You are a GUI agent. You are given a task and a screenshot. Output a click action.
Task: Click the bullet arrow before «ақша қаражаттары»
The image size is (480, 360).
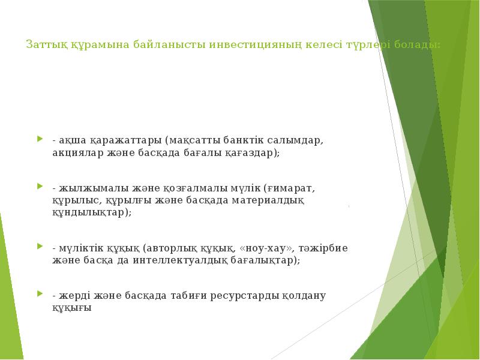pyautogui.click(x=40, y=139)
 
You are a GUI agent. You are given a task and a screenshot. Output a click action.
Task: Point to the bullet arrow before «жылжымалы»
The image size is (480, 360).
pyautogui.click(x=40, y=186)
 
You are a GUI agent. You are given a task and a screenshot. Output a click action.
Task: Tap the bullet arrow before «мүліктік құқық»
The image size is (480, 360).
pyautogui.click(x=40, y=246)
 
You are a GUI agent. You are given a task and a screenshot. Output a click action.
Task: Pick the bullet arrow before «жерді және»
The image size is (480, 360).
pyautogui.click(x=40, y=294)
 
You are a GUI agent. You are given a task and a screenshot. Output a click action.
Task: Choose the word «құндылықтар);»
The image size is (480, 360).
pyautogui.click(x=92, y=213)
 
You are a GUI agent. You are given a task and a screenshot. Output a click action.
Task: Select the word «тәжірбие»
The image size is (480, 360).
pyautogui.click(x=326, y=248)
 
